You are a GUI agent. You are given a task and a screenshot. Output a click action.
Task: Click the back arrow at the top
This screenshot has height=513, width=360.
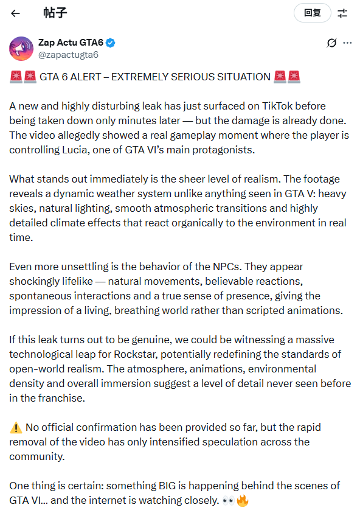tap(16, 13)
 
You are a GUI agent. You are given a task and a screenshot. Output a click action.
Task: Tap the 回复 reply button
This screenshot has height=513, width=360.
tap(312, 13)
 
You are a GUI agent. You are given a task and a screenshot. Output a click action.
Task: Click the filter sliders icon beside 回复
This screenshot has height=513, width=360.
tap(342, 13)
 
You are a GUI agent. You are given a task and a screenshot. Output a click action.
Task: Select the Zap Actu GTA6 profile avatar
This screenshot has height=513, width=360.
tap(21, 49)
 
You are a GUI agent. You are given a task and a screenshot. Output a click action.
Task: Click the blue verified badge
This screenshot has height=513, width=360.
tap(111, 43)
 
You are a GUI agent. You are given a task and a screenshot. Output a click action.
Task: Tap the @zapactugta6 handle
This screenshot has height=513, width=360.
tap(68, 55)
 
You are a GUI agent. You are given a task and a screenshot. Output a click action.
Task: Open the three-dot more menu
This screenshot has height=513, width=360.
tap(347, 43)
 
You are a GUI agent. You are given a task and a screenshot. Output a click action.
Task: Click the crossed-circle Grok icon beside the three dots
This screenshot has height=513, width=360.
tap(331, 43)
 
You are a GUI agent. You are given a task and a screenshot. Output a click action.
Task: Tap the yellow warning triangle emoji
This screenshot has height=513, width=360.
tap(16, 427)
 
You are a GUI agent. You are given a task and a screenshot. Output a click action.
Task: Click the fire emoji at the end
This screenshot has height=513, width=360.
tap(243, 501)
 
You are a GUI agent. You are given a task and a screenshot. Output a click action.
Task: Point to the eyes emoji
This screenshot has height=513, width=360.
tap(228, 501)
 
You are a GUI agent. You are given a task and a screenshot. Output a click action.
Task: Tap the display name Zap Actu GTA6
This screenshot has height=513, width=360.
tap(70, 43)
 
